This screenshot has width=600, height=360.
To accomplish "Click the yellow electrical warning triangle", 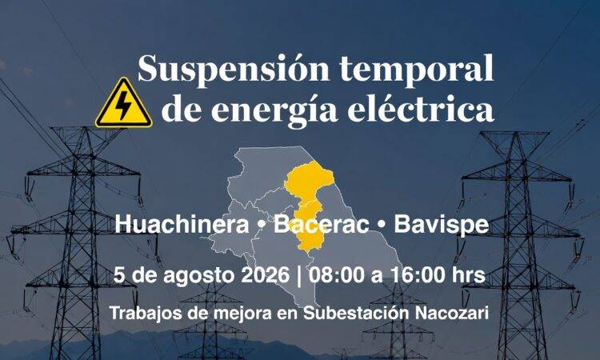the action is tap(123, 103).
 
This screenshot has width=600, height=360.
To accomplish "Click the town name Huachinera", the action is tap(182, 224).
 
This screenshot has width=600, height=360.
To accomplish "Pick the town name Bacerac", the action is tap(321, 224).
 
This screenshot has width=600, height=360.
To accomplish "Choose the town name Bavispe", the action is tap(441, 226).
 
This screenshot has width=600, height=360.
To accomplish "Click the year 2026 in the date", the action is tap(265, 275).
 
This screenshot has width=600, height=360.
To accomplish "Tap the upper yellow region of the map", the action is tap(309, 179).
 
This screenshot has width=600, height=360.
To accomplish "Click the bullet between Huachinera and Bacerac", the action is tap(262, 226).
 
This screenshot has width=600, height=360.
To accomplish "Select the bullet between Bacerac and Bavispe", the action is tap(382, 226).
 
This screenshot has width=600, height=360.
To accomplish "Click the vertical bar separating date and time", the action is tap(299, 276).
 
